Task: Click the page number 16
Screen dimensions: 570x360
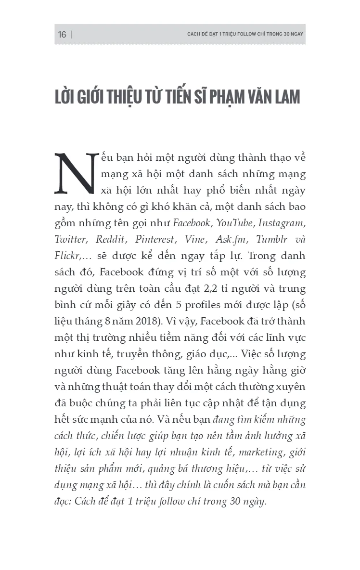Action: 62,35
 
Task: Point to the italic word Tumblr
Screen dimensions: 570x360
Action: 273,240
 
